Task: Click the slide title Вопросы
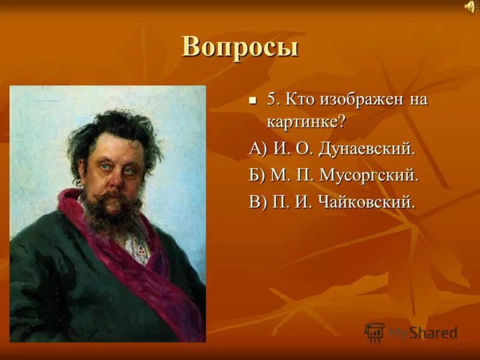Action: (x=239, y=47)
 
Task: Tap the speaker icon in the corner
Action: (x=469, y=7)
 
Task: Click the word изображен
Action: (x=359, y=99)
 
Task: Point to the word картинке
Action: (x=306, y=122)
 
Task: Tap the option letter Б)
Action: (x=259, y=175)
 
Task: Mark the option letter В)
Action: (x=259, y=202)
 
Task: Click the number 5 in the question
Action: (x=272, y=99)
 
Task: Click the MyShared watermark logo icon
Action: (x=374, y=332)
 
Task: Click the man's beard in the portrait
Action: (x=111, y=213)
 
